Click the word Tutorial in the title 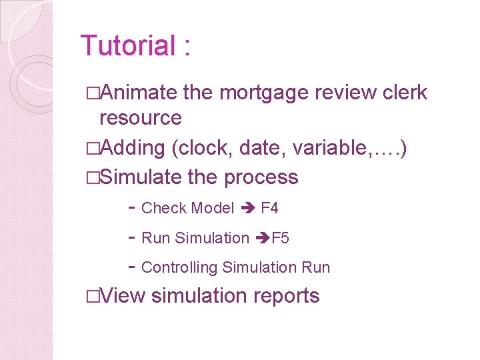[x=127, y=46]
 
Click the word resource [x=140, y=118]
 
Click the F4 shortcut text [x=269, y=208]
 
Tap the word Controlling [x=180, y=267]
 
